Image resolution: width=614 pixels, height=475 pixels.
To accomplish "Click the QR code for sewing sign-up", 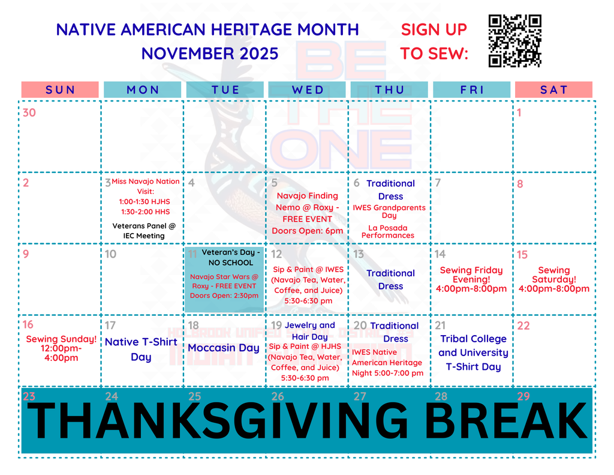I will click(x=514, y=41).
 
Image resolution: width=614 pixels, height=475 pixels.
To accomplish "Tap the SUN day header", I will click(x=61, y=90).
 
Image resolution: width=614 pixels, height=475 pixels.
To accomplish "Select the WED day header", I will click(x=308, y=90).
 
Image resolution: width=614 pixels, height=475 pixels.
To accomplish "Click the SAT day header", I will click(x=553, y=90).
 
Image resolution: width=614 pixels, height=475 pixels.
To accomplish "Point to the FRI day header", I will click(x=472, y=90).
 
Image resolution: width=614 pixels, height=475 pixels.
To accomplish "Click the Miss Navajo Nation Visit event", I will click(x=145, y=196).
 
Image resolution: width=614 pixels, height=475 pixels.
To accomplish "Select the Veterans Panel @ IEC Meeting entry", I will click(x=145, y=231).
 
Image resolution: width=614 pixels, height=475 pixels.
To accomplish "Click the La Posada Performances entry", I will click(x=388, y=232).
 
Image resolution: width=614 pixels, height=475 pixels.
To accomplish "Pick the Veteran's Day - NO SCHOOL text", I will click(x=230, y=257).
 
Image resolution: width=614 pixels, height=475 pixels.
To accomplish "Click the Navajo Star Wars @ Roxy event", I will click(x=224, y=286).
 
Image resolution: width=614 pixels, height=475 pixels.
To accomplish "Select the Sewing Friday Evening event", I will click(x=471, y=279).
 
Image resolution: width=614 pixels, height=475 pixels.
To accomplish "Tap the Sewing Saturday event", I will click(x=554, y=279).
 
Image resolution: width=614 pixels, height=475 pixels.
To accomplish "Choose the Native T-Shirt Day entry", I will click(x=141, y=349).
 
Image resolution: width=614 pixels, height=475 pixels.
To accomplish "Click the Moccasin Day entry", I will click(x=224, y=348).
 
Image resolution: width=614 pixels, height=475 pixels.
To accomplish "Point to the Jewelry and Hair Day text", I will click(x=310, y=331).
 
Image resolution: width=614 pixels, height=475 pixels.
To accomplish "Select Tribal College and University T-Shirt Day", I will click(x=473, y=352).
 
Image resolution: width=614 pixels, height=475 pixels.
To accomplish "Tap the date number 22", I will click(x=523, y=325).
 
